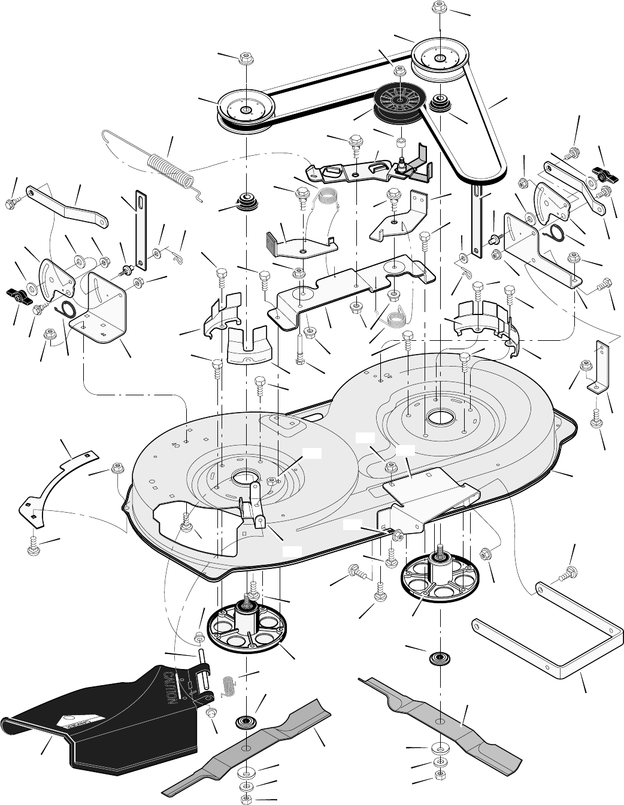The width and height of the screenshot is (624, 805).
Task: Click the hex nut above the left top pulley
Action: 244,59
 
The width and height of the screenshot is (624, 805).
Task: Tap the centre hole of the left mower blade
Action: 246,749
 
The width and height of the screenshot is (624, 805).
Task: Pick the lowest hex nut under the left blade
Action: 246,800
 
